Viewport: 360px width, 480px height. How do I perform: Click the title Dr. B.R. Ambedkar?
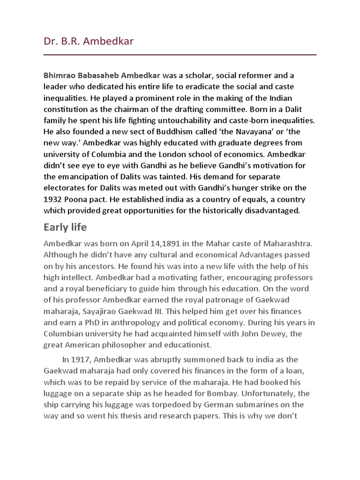(x=89, y=41)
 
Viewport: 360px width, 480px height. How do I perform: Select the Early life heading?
(x=65, y=227)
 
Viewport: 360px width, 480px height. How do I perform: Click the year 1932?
(x=52, y=199)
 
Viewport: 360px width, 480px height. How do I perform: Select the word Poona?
(x=76, y=199)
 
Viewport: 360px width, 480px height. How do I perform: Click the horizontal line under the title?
(x=180, y=55)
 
